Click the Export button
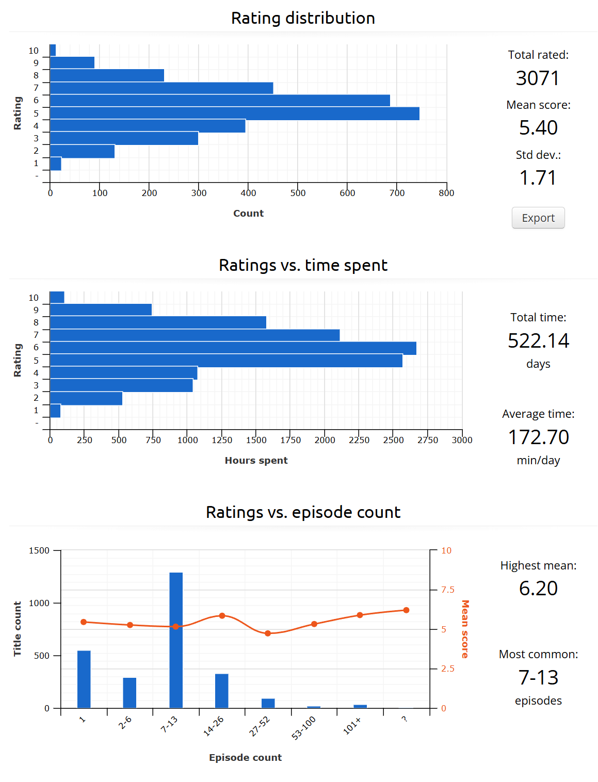click(x=538, y=218)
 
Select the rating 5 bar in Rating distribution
click(x=234, y=113)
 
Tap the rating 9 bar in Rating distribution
click(x=72, y=62)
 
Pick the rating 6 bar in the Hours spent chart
click(x=233, y=348)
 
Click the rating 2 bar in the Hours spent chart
click(x=86, y=398)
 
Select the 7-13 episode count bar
click(x=176, y=640)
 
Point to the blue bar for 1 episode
click(x=84, y=679)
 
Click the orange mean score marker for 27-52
click(x=268, y=633)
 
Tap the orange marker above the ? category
click(x=406, y=610)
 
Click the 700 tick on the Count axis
click(x=397, y=193)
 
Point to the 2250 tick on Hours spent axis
click(x=359, y=440)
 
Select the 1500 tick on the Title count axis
click(x=39, y=550)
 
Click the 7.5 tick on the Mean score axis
click(x=447, y=590)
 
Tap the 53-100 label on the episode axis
click(x=303, y=728)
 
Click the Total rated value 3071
click(x=538, y=78)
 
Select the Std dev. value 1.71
click(x=538, y=178)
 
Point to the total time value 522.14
click(x=538, y=341)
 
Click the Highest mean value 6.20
click(x=538, y=589)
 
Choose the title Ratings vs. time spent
click(x=303, y=265)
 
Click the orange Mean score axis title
click(x=465, y=629)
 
